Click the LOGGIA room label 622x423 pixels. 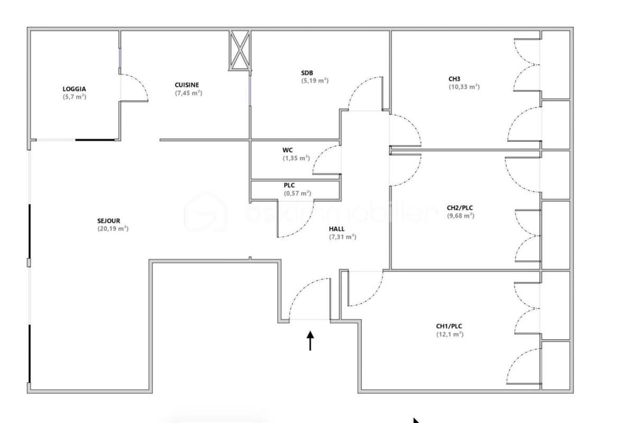pyautogui.click(x=74, y=89)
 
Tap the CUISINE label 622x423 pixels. pyautogui.click(x=187, y=85)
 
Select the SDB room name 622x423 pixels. pyautogui.click(x=307, y=73)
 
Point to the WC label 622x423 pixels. pyautogui.click(x=288, y=150)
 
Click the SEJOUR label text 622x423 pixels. pyautogui.click(x=109, y=221)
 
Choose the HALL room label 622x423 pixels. pyautogui.click(x=337, y=229)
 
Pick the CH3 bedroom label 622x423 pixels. pyautogui.click(x=455, y=79)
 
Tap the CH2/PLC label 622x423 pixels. pyautogui.click(x=460, y=208)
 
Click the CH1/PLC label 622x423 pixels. pyautogui.click(x=449, y=326)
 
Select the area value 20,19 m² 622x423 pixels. pyautogui.click(x=113, y=229)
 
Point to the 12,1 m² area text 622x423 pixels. pyautogui.click(x=450, y=334)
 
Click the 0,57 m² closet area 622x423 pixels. pyautogui.click(x=297, y=194)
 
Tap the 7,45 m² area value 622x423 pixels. pyautogui.click(x=188, y=93)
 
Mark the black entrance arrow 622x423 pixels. pyautogui.click(x=310, y=341)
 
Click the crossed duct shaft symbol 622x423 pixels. pyautogui.click(x=240, y=50)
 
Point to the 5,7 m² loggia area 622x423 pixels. pyautogui.click(x=74, y=97)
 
